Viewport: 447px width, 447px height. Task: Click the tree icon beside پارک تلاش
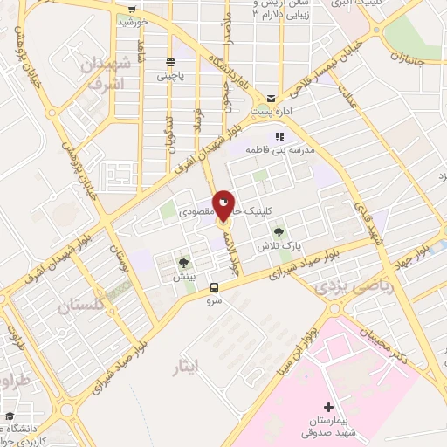[x=279, y=232]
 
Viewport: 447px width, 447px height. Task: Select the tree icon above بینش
[x=183, y=262]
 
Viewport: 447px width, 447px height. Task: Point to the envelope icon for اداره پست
[x=272, y=98]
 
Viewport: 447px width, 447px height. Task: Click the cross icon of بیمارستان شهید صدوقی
[x=328, y=407]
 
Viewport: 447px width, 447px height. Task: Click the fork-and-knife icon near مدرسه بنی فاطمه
[x=279, y=136]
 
